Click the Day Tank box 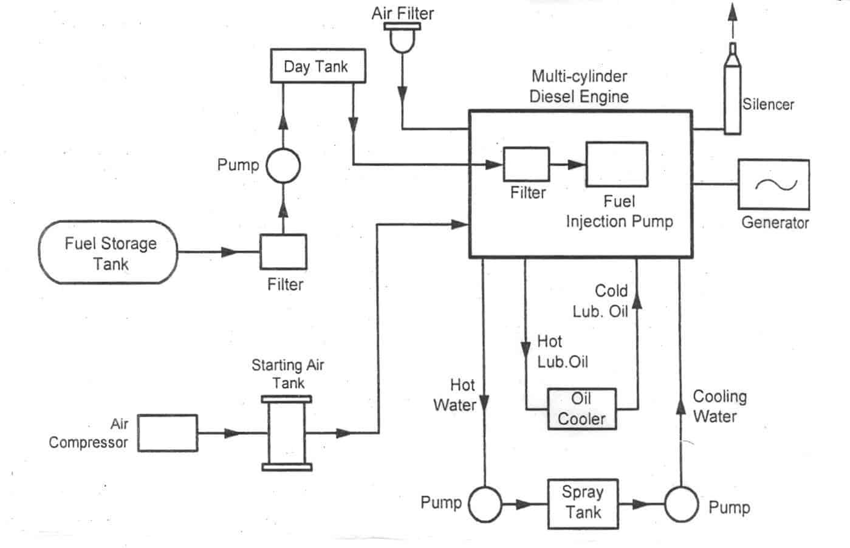tap(317, 66)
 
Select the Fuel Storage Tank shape tap(108, 252)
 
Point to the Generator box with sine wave tap(773, 184)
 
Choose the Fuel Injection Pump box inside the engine tap(616, 164)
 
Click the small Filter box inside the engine tap(526, 164)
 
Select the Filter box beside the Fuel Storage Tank tap(283, 252)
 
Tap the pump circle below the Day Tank tap(284, 165)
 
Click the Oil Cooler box tap(581, 409)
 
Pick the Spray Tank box tap(583, 504)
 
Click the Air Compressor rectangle tap(168, 433)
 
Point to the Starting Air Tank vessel tap(287, 434)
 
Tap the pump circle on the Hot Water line tap(485, 504)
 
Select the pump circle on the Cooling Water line tap(680, 504)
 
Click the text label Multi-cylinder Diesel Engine tap(579, 86)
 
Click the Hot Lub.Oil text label tap(562, 352)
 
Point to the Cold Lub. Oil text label tap(601, 301)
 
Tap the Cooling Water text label tap(719, 406)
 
